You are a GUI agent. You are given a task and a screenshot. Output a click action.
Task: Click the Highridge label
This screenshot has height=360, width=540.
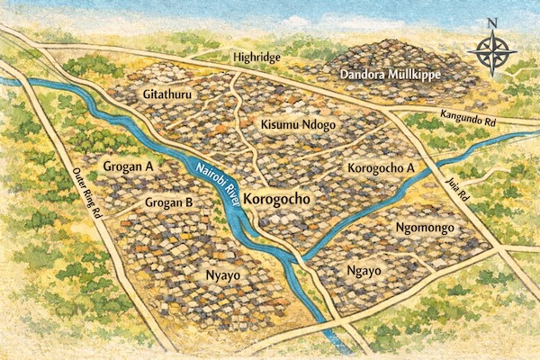click(257, 57)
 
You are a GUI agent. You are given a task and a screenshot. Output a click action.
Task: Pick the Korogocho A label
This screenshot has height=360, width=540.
click(379, 168)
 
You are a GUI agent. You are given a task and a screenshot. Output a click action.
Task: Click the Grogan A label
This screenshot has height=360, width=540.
click(129, 166)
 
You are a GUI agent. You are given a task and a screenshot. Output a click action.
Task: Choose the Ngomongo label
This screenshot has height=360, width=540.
click(428, 229)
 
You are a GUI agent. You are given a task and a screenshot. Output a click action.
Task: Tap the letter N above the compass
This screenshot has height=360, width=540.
click(492, 23)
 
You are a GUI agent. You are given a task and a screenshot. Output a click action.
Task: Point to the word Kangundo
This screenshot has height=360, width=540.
click(457, 114)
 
